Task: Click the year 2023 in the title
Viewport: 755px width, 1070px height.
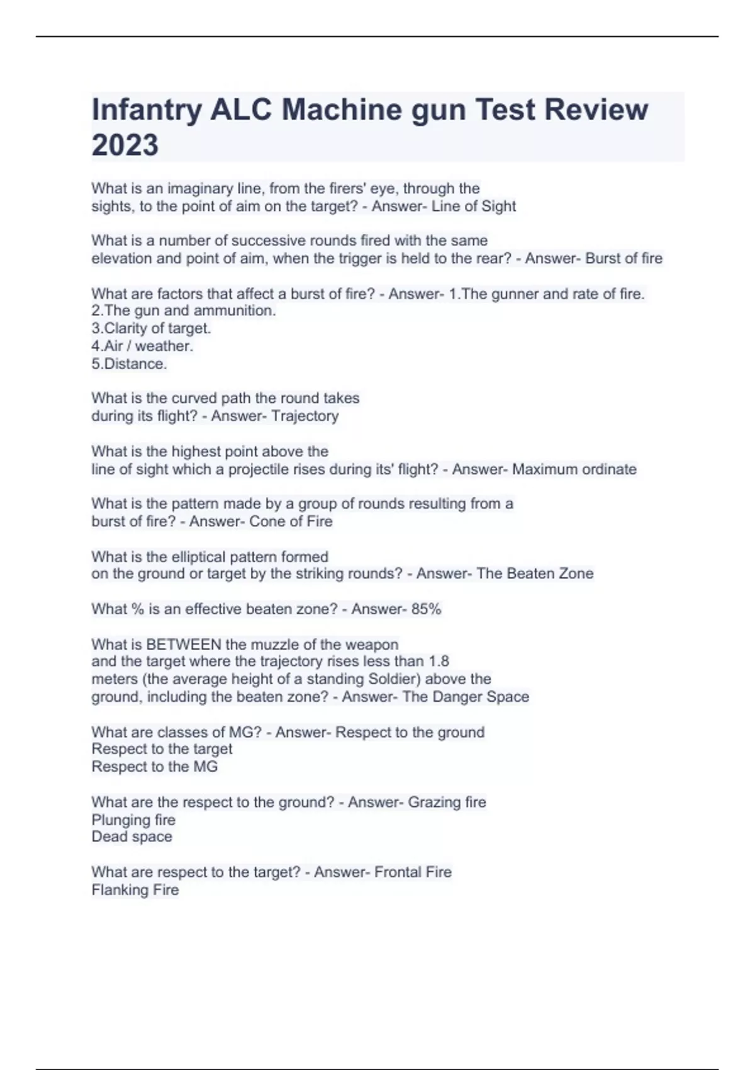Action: coord(125,145)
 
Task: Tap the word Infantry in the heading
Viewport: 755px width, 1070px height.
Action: coord(146,110)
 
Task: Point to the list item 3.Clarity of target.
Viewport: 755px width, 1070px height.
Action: coord(151,329)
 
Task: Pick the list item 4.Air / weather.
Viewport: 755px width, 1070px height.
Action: coord(142,346)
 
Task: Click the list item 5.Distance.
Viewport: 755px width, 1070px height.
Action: coord(129,364)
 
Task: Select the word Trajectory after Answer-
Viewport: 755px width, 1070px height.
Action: coord(305,416)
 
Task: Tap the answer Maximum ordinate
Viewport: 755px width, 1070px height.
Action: coord(574,470)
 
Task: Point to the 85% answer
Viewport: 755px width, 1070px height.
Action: coord(426,609)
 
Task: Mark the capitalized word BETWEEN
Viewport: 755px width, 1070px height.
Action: coord(184,645)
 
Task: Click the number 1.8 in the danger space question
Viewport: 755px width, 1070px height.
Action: coord(439,662)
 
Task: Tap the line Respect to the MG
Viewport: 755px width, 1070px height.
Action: coord(155,767)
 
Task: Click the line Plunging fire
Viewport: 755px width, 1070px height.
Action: coord(133,820)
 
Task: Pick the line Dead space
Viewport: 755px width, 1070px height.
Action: coord(131,837)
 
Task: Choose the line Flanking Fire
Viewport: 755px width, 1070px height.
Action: coord(135,890)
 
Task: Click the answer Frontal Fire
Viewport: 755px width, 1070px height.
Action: coord(413,872)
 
